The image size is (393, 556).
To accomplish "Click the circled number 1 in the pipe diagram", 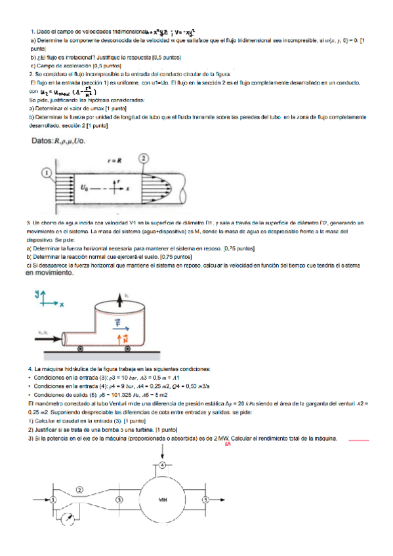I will click(47, 172).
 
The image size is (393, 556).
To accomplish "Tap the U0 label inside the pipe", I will click(84, 188).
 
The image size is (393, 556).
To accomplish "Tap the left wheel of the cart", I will click(79, 349).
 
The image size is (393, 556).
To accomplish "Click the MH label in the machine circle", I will click(163, 500).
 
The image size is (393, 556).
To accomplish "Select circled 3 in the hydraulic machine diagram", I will click(119, 499).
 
